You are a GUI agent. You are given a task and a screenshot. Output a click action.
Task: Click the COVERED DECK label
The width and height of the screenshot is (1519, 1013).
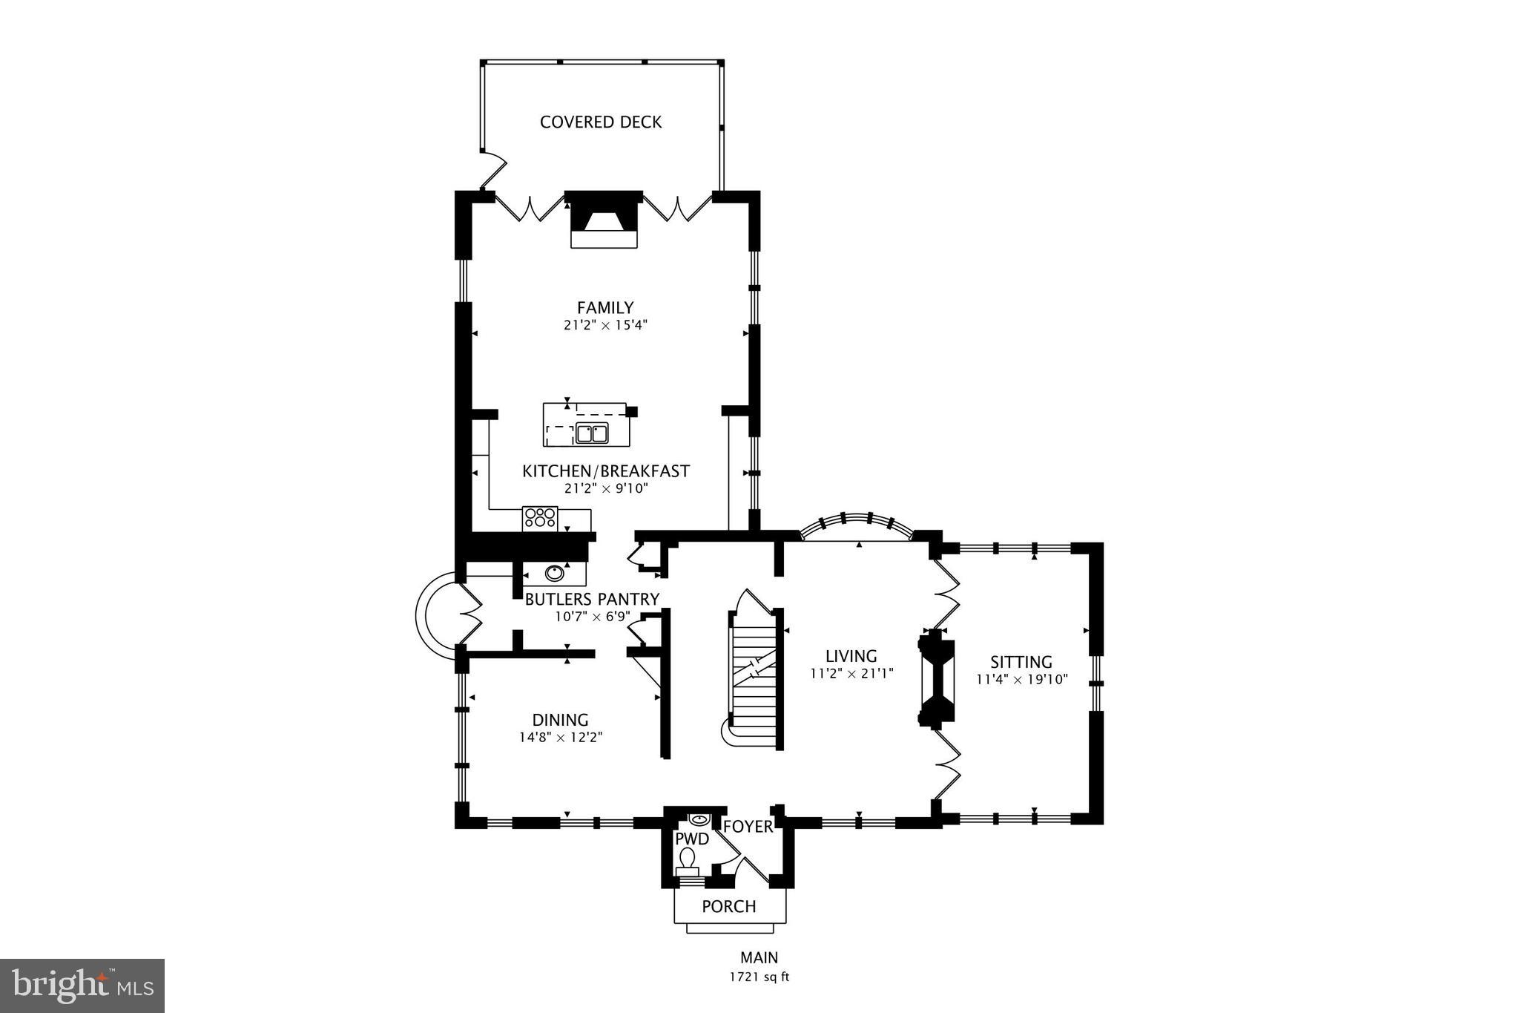coord(601,122)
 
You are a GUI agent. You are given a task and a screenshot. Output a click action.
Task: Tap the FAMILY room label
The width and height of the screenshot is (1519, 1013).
coord(605,307)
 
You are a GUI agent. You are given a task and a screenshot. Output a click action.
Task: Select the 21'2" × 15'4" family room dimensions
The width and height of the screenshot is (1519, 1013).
coord(605,325)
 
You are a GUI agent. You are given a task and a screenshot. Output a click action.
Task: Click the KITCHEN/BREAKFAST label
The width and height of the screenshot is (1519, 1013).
coord(606,471)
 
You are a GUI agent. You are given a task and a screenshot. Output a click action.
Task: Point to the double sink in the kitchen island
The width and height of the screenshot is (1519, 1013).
coord(592,433)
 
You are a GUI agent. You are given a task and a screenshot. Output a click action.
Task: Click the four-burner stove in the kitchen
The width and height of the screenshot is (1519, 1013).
coord(540,518)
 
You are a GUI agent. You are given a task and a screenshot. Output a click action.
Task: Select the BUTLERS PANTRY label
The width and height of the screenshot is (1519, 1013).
coord(592,599)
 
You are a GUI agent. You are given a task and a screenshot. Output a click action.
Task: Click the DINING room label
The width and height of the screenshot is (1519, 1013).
coord(560,720)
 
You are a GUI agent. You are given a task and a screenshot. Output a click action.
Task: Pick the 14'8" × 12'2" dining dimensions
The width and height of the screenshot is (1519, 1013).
coord(560,738)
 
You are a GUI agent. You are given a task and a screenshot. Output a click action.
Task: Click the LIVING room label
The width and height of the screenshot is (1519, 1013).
coord(851,656)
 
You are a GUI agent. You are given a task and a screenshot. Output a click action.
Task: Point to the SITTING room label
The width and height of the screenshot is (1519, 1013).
coord(1021,662)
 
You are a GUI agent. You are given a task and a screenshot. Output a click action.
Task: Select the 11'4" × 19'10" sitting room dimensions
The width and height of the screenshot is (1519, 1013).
coord(1021,679)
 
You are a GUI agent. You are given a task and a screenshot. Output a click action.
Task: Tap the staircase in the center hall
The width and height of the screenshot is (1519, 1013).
coord(754,675)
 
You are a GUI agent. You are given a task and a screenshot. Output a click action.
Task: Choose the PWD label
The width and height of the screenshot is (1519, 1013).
coord(692,839)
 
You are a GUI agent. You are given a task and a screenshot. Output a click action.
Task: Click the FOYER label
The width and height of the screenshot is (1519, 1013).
coord(748,827)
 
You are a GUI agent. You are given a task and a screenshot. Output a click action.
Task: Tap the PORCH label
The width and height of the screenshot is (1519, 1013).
coord(729,906)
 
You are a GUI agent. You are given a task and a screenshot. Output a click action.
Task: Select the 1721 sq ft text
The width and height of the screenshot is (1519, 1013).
coord(759,977)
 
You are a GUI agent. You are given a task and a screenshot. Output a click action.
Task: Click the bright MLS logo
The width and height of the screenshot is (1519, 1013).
coord(82,986)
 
